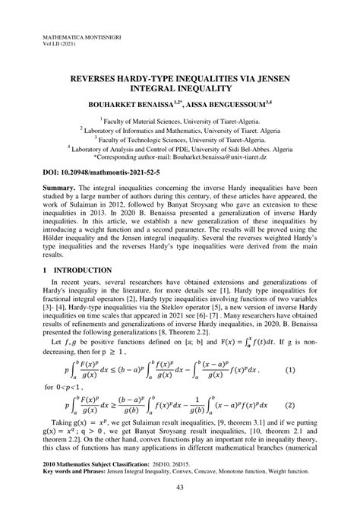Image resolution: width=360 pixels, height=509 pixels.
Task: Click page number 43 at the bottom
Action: [x=180, y=487]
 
